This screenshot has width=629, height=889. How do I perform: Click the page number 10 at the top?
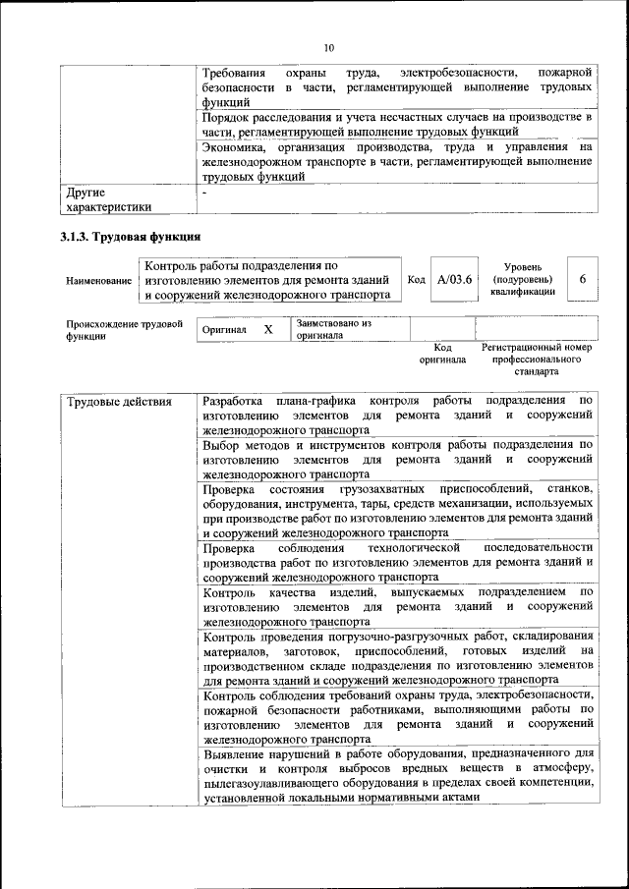pos(329,46)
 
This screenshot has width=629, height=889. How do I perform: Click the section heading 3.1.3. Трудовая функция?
pos(131,238)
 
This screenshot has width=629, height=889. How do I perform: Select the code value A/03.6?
pos(455,280)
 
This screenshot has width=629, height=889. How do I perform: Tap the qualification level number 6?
pos(582,279)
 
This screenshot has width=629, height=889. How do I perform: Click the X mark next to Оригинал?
pos(267,330)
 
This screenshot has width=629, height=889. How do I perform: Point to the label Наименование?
pos(98,281)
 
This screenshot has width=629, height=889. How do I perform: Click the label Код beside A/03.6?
pos(416,280)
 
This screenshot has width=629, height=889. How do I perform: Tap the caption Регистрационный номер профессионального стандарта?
pos(536,360)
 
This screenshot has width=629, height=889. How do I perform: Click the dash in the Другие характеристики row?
pos(204,194)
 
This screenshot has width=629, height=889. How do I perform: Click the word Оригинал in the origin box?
pos(224,330)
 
